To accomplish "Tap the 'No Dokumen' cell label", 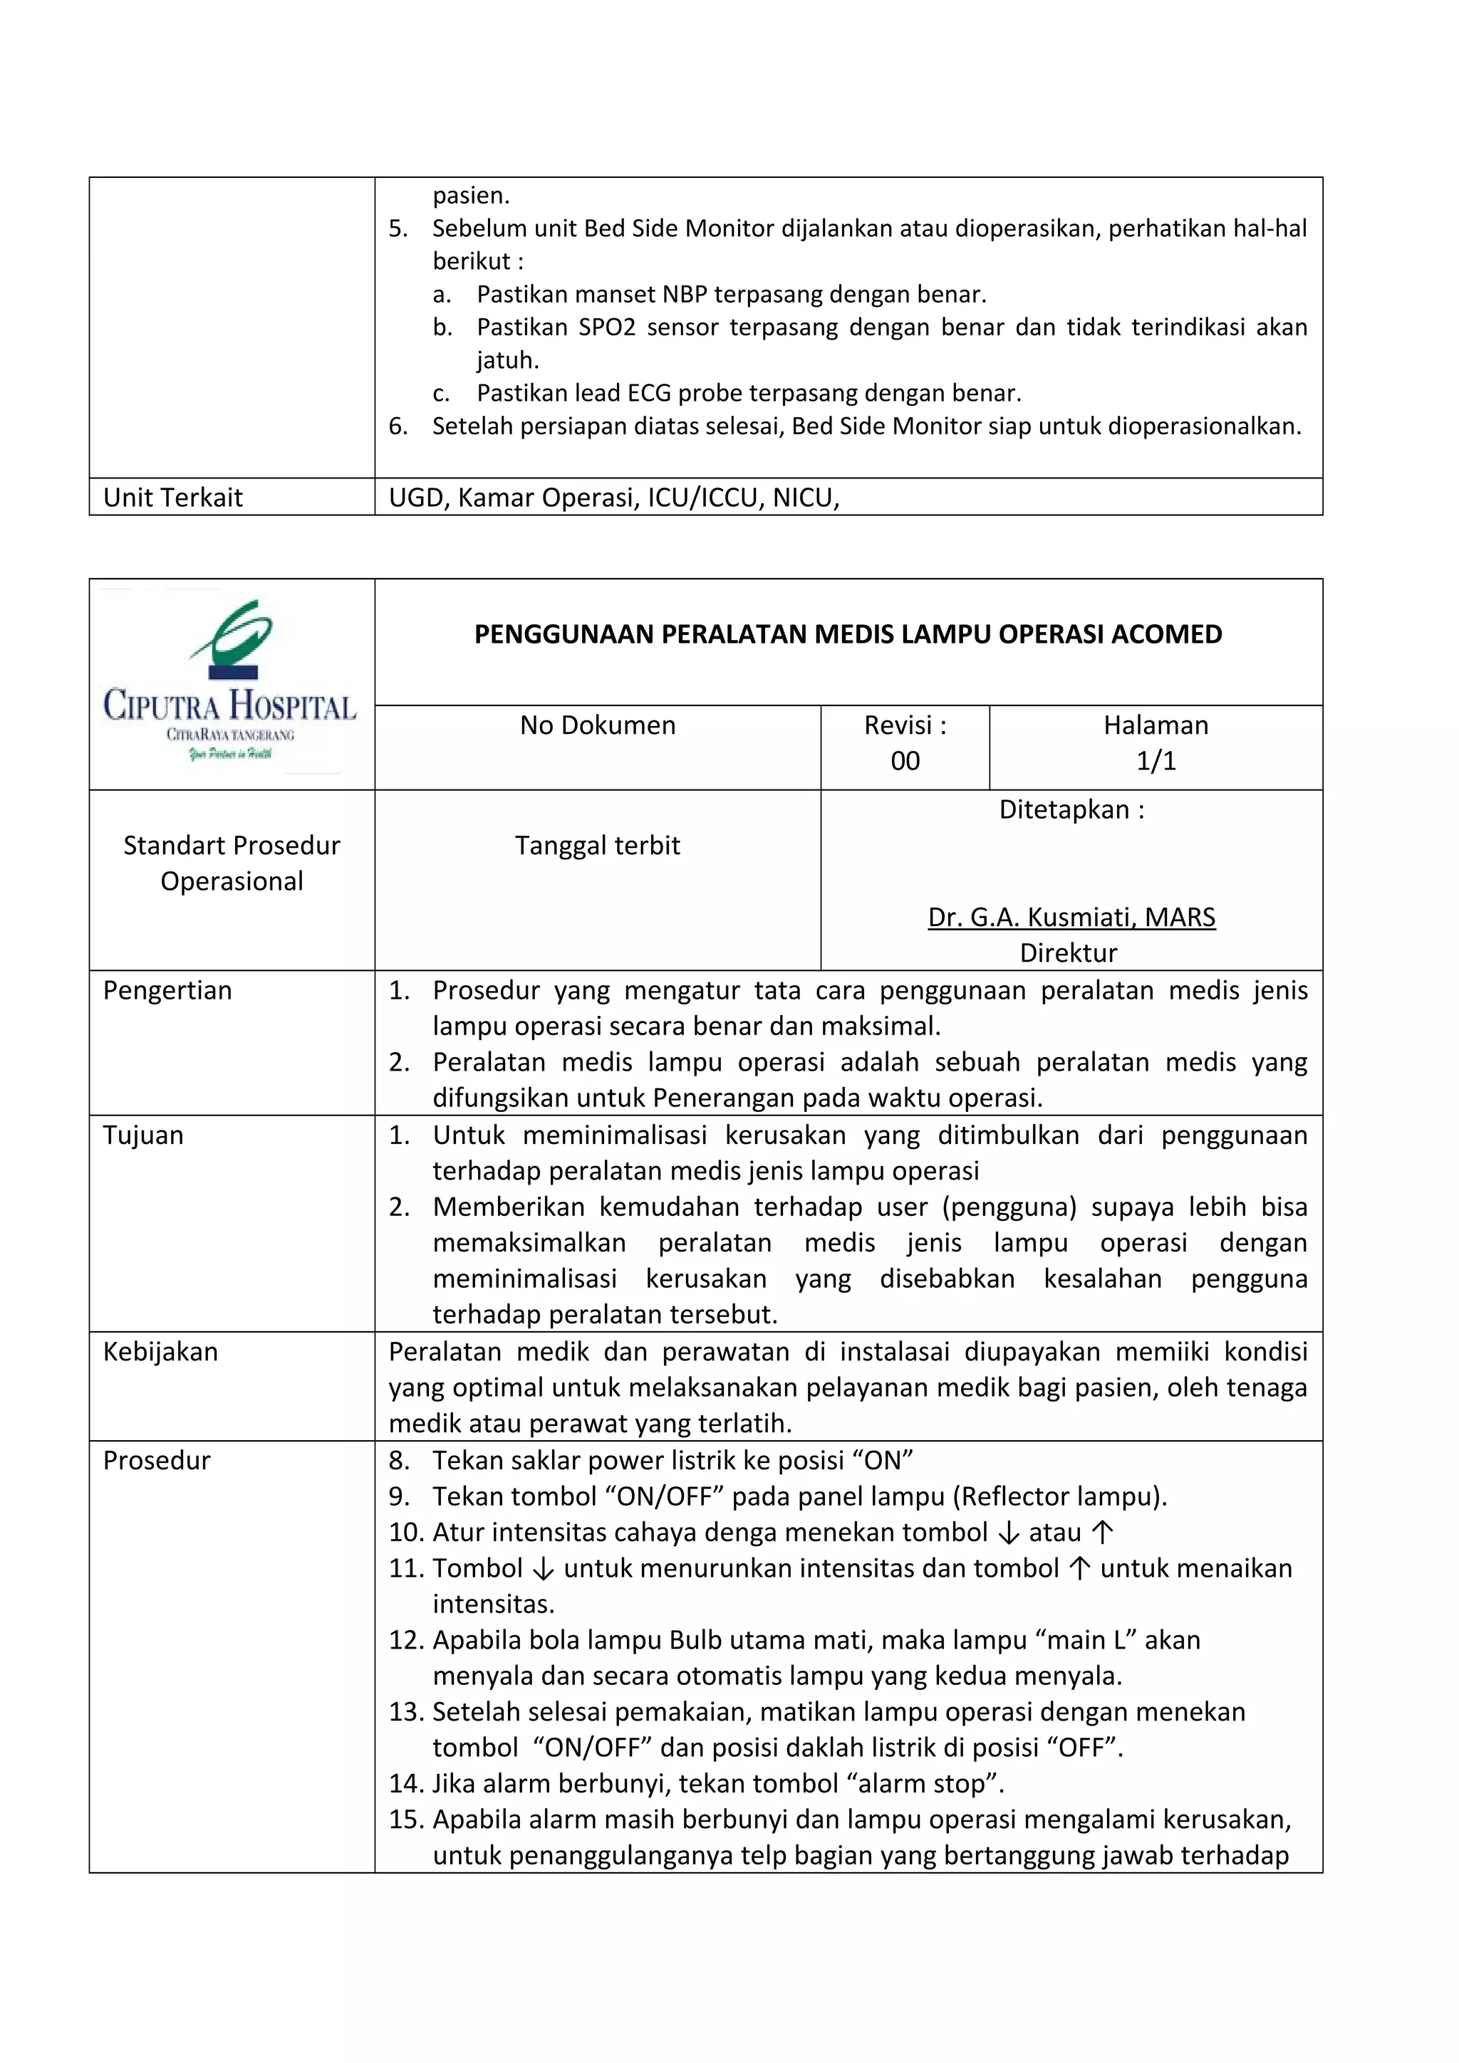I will (x=597, y=725).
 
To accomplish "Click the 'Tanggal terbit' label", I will (x=597, y=846).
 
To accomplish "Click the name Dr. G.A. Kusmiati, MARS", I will (x=1071, y=918).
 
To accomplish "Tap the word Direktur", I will (x=1068, y=952).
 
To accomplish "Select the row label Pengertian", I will (x=167, y=990).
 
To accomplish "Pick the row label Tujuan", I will (x=143, y=1135).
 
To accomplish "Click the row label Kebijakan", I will (x=160, y=1351).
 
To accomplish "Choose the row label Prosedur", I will (x=157, y=1460).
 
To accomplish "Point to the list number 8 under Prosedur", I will (x=398, y=1460).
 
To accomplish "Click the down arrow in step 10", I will (x=1009, y=1533).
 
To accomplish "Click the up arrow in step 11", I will (x=1079, y=1569).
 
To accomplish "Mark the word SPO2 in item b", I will (x=607, y=327).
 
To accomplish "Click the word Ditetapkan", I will (x=1064, y=809).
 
